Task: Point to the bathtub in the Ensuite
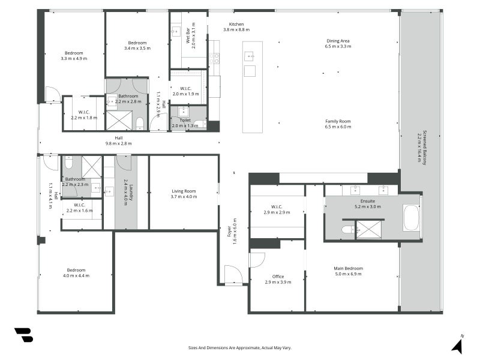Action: pyautogui.click(x=411, y=218)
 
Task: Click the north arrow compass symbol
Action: pyautogui.click(x=458, y=344)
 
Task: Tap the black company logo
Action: pyautogui.click(x=23, y=335)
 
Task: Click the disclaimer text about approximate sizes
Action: pyautogui.click(x=239, y=348)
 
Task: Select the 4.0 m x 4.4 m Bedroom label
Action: pyautogui.click(x=76, y=273)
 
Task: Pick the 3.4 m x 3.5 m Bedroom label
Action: pyautogui.click(x=137, y=46)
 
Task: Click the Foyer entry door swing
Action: pyautogui.click(x=233, y=275)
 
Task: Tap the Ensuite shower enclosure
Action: pyautogui.click(x=369, y=230)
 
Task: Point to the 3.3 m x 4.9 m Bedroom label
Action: pyautogui.click(x=74, y=56)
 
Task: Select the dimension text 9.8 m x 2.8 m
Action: pyautogui.click(x=119, y=143)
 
